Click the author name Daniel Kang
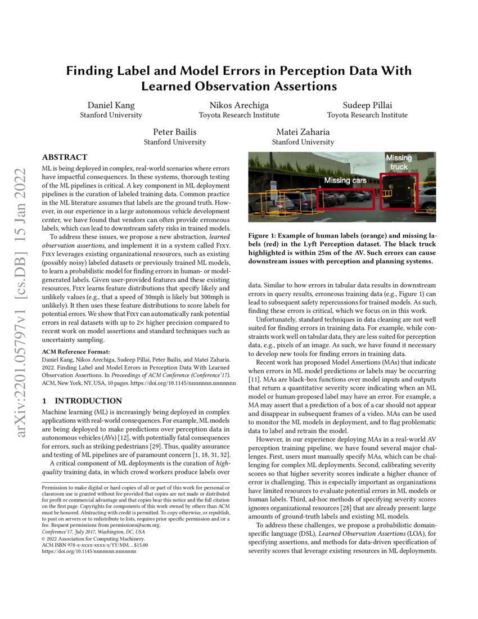click(111, 105)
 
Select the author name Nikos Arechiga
click(239, 105)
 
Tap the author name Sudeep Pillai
click(367, 105)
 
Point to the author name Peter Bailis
click(175, 132)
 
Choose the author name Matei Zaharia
click(303, 132)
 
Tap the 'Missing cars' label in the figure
click(345, 181)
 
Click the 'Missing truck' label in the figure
click(399, 163)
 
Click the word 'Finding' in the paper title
click(92, 71)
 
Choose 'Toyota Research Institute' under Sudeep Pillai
click(367, 115)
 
